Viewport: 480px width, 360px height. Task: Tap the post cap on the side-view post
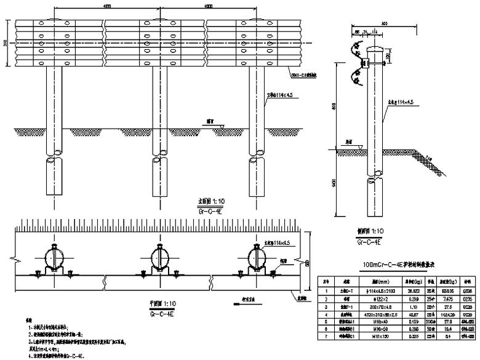coord(375,49)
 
